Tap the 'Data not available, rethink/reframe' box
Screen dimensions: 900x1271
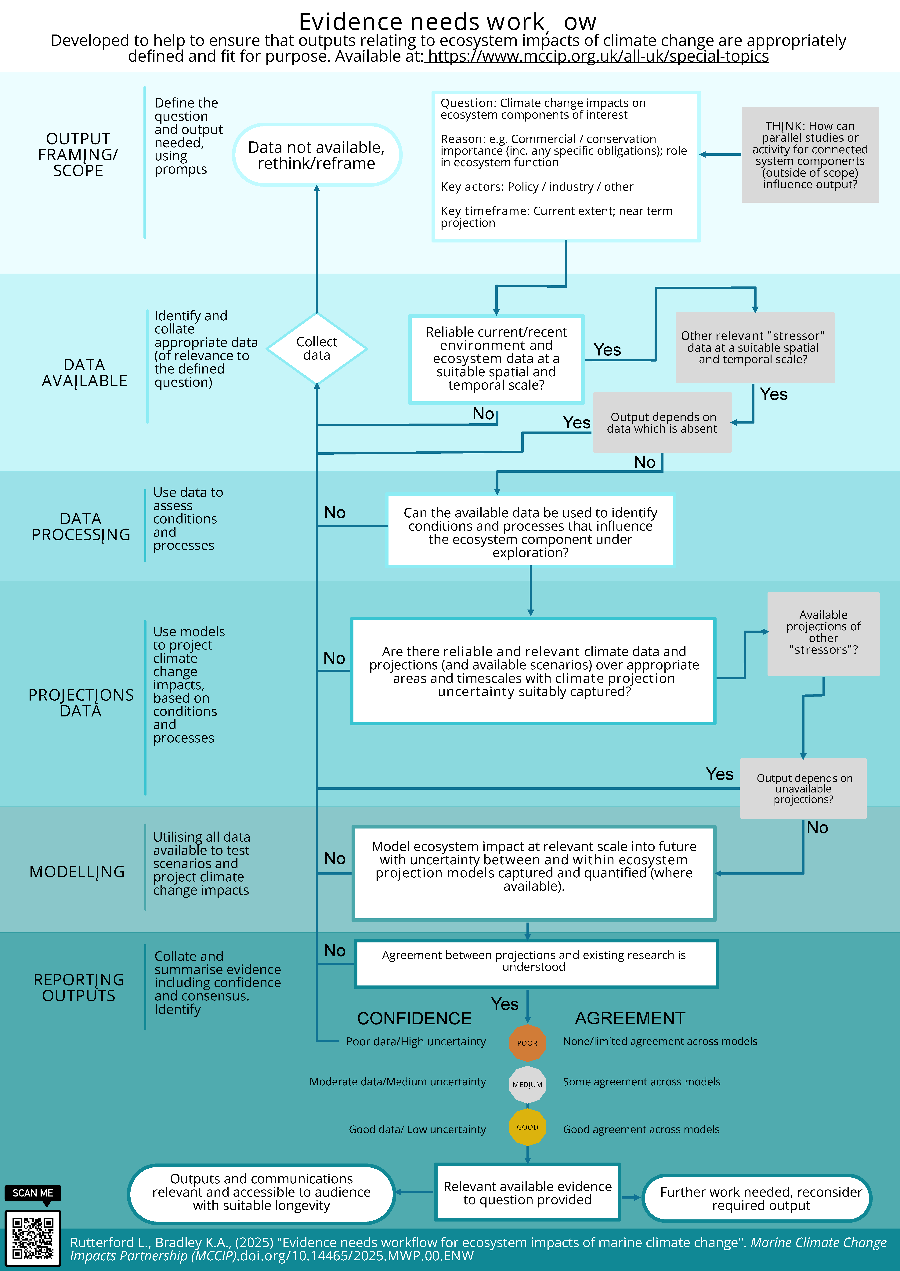click(x=316, y=155)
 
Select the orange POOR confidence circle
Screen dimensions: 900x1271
click(x=527, y=1043)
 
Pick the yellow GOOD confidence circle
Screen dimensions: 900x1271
click(x=527, y=1127)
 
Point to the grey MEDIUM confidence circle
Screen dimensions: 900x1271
click(x=527, y=1084)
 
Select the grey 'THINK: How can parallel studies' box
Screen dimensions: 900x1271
click(x=810, y=155)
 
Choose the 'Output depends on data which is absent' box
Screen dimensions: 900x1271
click(x=662, y=422)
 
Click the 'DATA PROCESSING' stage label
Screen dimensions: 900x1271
click(x=81, y=526)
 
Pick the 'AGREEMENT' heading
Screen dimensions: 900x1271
click(x=630, y=1018)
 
